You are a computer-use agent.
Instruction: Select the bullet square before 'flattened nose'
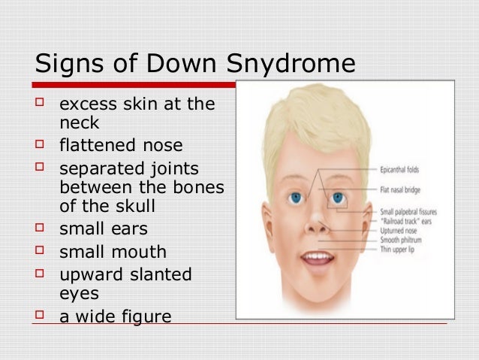pos(44,144)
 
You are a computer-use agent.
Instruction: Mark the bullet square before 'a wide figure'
pos(44,316)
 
